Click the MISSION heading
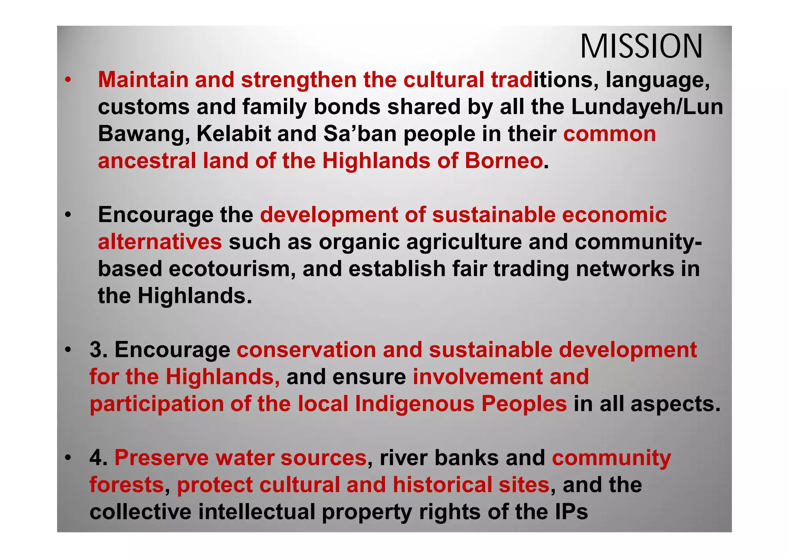click(641, 47)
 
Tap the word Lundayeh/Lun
click(647, 107)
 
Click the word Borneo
click(504, 161)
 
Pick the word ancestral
click(147, 161)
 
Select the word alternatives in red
click(159, 242)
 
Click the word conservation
click(306, 350)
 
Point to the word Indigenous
click(414, 404)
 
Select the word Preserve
click(161, 458)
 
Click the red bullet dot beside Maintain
click(68, 80)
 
